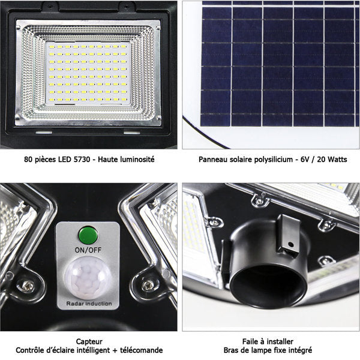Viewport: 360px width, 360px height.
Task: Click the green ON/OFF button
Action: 88,235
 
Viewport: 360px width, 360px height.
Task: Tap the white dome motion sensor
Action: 88,278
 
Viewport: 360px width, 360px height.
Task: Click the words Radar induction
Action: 89,304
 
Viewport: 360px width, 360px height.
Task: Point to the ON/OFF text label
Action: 88,250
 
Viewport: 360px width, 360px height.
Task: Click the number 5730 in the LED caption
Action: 82,160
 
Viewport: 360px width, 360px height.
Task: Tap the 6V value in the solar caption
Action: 305,160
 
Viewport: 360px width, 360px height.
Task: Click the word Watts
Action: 337,160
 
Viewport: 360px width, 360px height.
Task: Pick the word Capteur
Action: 89,342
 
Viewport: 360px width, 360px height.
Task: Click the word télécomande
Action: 141,350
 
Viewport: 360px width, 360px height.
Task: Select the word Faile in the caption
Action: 250,341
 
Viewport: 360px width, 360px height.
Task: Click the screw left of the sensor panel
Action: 28,286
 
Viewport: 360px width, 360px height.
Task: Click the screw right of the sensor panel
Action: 148,286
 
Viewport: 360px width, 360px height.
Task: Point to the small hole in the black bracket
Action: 290,244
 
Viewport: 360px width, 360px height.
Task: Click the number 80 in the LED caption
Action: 28,160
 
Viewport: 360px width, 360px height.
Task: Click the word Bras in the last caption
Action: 231,350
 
